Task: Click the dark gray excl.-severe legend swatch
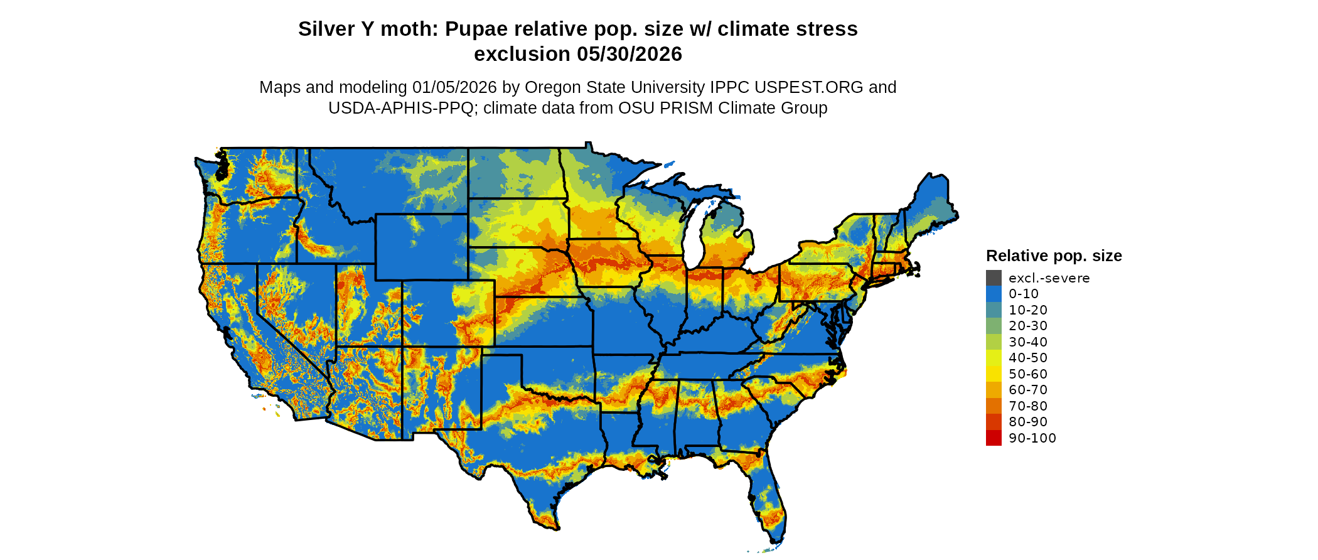click(x=994, y=278)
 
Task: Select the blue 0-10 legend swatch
click(x=994, y=294)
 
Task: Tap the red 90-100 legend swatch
click(x=994, y=438)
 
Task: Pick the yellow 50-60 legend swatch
click(x=994, y=374)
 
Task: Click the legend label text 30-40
click(x=1028, y=342)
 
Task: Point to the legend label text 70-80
click(x=1028, y=406)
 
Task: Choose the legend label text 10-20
click(x=1028, y=310)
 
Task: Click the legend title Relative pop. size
click(x=1054, y=256)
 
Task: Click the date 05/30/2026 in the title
click(x=630, y=55)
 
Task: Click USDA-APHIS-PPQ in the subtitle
click(x=401, y=108)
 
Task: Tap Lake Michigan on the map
click(x=693, y=239)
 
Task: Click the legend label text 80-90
click(x=1028, y=422)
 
